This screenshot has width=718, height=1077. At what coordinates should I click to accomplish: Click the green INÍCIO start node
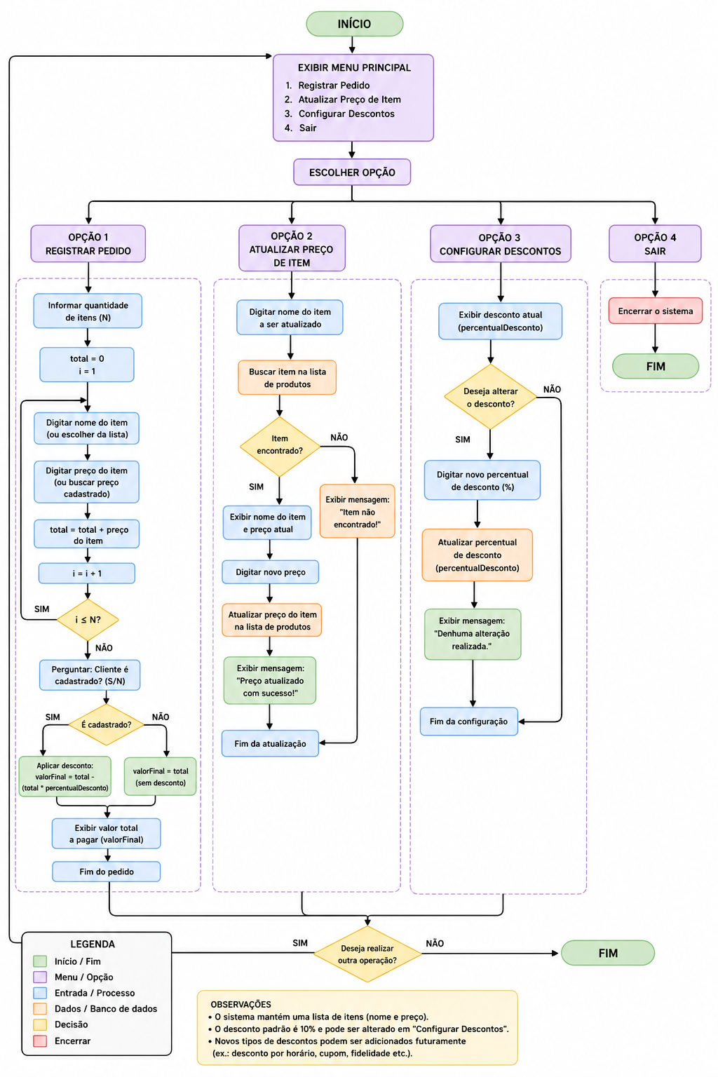point(354,24)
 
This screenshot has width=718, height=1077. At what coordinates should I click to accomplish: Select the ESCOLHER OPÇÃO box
point(352,172)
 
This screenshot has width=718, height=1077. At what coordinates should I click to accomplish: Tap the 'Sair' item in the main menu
point(307,128)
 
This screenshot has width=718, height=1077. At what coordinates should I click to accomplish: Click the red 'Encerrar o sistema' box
point(655,311)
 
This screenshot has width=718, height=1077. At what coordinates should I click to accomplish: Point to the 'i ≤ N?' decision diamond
point(88,620)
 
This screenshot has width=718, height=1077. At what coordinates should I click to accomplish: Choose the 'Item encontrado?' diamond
point(280,445)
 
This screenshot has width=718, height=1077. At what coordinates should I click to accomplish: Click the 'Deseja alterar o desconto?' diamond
point(490,397)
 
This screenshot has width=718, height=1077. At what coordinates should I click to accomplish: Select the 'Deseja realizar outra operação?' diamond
point(367,954)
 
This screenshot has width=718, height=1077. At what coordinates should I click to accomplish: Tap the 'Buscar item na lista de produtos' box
point(287,377)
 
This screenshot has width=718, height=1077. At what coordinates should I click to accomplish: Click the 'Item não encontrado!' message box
point(358,511)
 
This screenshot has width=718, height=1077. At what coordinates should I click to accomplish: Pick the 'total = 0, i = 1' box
point(86,365)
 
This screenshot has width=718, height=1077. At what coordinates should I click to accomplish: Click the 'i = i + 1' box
point(86,573)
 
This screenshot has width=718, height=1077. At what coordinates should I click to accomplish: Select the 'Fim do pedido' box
point(107,872)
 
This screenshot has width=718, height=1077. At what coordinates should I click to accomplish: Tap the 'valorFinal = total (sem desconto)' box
point(160,776)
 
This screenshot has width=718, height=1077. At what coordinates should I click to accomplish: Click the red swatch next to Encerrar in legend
point(40,1041)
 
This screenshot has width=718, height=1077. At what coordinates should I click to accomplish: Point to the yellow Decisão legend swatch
point(40,1024)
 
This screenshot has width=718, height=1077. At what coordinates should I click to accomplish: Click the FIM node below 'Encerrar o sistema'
point(656,367)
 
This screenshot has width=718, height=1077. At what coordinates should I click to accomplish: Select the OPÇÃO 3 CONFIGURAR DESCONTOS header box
point(500,244)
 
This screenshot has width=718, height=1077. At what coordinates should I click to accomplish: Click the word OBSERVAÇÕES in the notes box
point(241,1004)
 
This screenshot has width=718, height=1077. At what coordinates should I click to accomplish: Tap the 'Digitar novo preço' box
point(270,572)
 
